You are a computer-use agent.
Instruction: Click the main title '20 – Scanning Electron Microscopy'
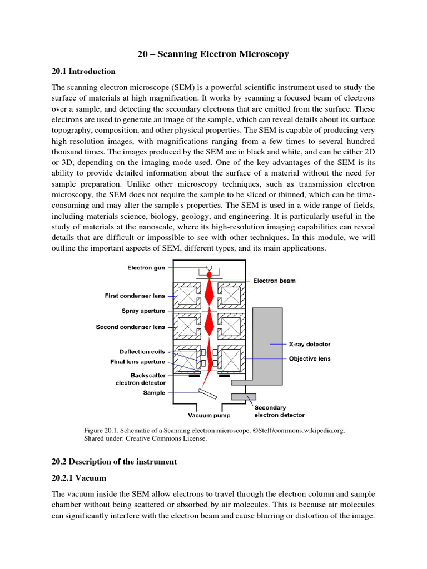[x=213, y=54]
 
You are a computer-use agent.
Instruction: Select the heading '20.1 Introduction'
[x=83, y=71]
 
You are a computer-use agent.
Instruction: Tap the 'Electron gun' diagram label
[x=146, y=268]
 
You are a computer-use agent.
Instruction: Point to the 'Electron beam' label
[x=274, y=281]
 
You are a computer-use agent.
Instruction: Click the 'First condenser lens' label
[x=135, y=296]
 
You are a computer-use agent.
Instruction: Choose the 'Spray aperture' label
[x=143, y=311]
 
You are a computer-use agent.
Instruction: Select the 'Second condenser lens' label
[x=131, y=327]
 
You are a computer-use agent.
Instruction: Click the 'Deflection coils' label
[x=142, y=351]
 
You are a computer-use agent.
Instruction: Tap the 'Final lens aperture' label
[x=137, y=362]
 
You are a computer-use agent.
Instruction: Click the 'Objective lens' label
[x=309, y=358]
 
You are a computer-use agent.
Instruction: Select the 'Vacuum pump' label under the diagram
[x=209, y=415]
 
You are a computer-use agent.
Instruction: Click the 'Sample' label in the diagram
[x=154, y=393]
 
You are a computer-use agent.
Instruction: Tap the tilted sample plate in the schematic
[x=207, y=393]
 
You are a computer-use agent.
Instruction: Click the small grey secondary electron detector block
[x=244, y=396]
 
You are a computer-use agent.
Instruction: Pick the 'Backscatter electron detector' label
[x=141, y=379]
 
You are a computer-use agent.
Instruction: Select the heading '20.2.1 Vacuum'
[x=78, y=478]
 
